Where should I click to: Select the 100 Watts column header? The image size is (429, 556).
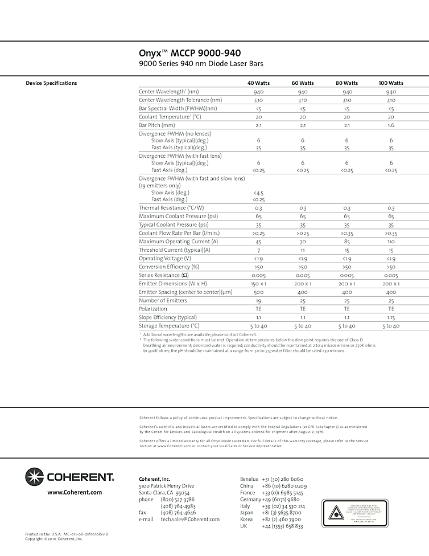(391, 83)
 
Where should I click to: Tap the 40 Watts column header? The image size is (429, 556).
(258, 83)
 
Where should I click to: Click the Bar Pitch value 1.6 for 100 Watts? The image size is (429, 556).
(391, 125)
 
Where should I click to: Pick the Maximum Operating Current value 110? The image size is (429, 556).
(391, 242)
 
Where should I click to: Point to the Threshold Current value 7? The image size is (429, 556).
(258, 250)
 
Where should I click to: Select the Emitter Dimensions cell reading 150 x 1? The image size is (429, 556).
(258, 284)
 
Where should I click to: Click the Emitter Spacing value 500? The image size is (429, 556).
(258, 292)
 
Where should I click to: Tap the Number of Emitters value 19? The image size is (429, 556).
(258, 301)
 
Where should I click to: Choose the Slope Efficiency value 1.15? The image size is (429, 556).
(391, 317)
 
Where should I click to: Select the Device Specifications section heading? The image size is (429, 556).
(51, 83)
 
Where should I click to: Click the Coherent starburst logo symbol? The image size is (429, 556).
(34, 476)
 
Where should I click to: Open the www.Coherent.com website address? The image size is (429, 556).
(75, 492)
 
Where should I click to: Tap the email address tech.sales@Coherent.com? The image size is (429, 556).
(190, 520)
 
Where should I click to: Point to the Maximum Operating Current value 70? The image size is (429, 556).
(303, 242)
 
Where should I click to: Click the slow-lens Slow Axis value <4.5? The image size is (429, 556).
(258, 193)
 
